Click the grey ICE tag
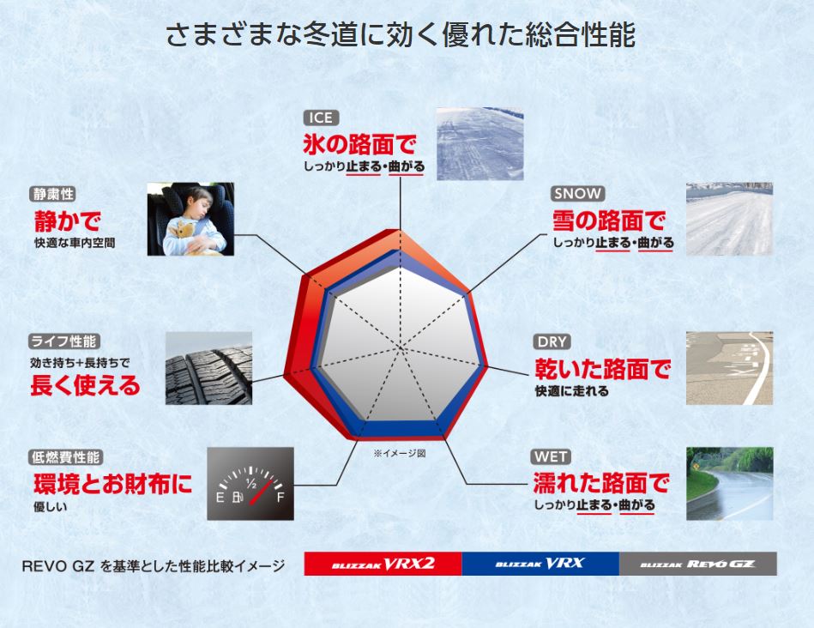(321, 118)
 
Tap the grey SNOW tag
(577, 194)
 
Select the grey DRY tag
(552, 341)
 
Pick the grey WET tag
(552, 457)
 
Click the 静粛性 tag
(52, 194)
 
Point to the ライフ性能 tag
(64, 341)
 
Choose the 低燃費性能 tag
(66, 457)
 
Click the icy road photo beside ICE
(479, 144)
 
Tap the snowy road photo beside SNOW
(729, 219)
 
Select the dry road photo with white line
(729, 368)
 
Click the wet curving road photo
(729, 484)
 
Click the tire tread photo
(208, 368)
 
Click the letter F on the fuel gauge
(280, 498)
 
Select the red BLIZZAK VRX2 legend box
(383, 564)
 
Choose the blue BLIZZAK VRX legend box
(540, 564)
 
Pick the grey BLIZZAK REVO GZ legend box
(698, 564)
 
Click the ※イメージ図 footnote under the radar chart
(399, 454)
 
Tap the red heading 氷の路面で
(359, 144)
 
